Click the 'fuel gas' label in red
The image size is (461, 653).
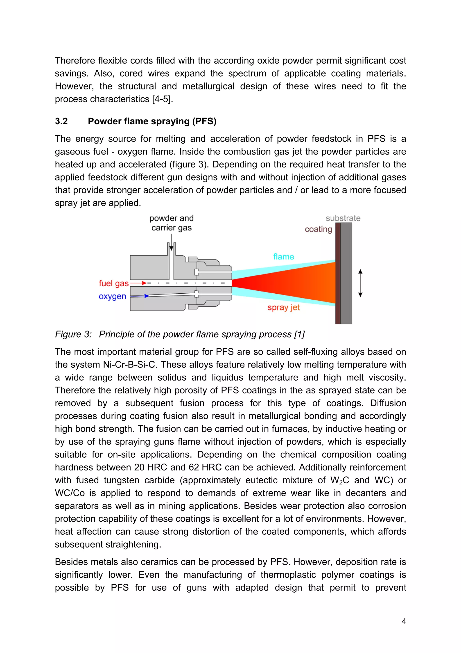114,283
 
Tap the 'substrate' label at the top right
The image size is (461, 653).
343,218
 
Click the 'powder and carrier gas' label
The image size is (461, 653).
171,223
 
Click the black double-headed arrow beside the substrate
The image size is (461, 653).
360,283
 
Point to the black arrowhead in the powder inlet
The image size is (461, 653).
171,248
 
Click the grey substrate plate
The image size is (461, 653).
346,273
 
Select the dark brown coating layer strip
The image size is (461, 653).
338,273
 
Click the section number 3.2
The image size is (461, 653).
61,121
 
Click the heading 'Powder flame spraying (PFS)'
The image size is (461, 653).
152,121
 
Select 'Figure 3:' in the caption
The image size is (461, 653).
73,334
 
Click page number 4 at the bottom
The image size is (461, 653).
404,621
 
